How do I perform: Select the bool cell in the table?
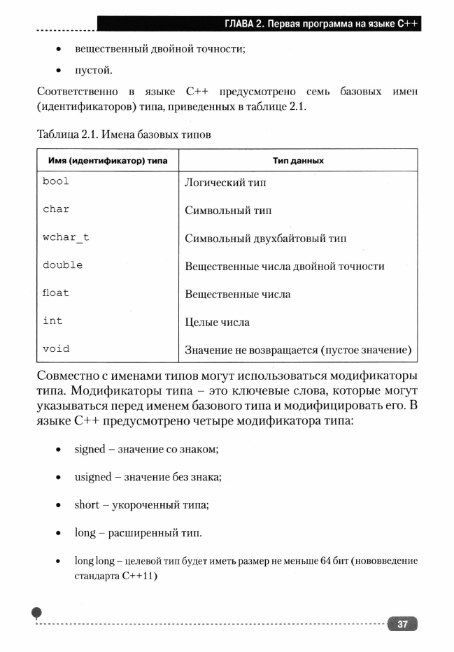coord(56,181)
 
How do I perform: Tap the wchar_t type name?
coord(66,237)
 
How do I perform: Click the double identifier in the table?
coord(62,265)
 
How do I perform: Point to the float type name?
coord(56,293)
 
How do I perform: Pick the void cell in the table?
coord(56,348)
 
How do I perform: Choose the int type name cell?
coord(52,320)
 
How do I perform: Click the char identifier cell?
coord(56,209)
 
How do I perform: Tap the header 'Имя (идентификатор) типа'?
coord(107,160)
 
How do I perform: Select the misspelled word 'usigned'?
coord(93,476)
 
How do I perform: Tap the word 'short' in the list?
coord(87,504)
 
